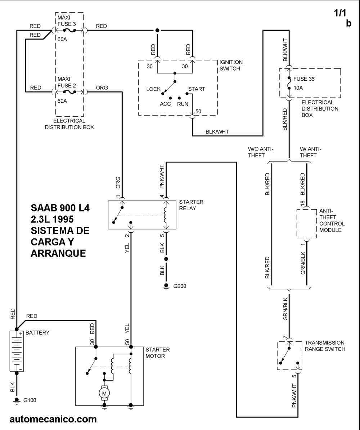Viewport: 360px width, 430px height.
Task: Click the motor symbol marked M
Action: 104,393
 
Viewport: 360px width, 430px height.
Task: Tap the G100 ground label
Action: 30,400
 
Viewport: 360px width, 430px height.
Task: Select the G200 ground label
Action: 180,286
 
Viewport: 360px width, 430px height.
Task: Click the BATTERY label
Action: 37,333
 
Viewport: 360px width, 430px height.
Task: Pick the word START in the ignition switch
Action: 197,89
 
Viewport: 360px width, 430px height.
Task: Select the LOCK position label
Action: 153,89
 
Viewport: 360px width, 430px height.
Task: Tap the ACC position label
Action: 165,103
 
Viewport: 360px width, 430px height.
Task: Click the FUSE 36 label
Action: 304,79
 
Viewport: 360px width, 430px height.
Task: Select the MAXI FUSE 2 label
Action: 66,82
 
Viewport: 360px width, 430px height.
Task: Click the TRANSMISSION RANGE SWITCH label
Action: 325,346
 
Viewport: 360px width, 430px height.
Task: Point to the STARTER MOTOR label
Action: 157,353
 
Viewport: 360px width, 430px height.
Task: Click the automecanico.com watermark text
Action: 53,419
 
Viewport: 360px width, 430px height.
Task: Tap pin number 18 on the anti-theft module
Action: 302,203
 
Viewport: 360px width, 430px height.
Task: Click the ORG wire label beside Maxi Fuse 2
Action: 102,88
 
